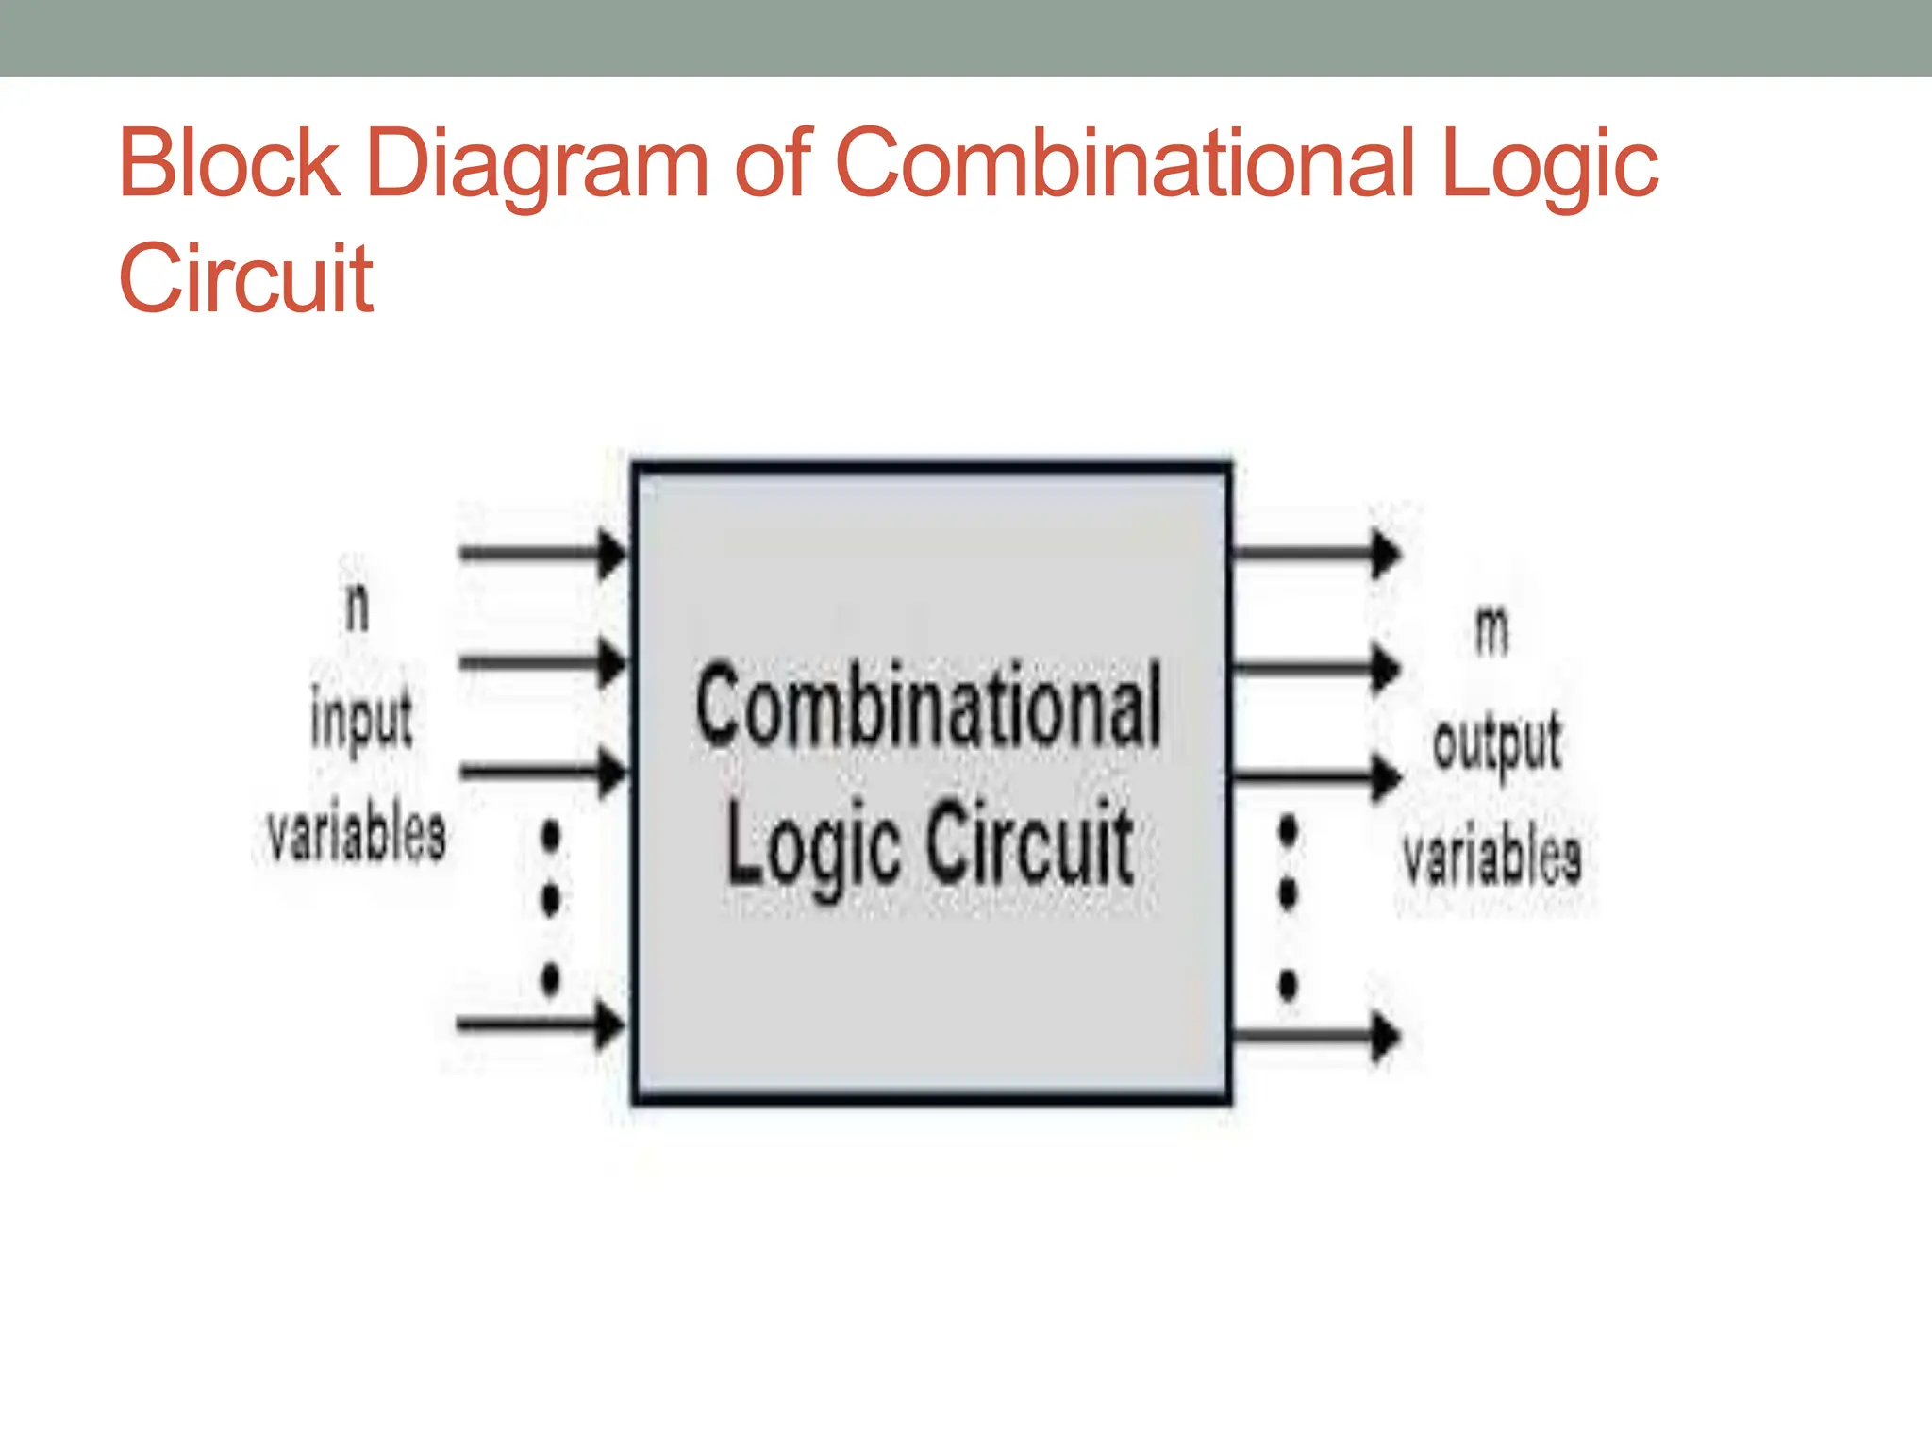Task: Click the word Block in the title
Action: pos(228,164)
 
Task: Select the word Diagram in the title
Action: pos(536,166)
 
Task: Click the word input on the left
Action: pos(361,719)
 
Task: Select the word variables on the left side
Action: pos(356,834)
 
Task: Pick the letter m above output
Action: pos(1491,631)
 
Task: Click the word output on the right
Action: pos(1496,742)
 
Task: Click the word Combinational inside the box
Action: pos(928,707)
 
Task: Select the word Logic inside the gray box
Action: pos(812,844)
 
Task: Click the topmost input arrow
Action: pos(542,553)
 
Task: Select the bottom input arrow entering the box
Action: pos(541,1024)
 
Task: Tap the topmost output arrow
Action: pos(1317,554)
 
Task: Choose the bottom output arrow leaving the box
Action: pos(1317,1036)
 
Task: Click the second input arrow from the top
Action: pos(542,663)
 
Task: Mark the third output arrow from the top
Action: pos(1317,778)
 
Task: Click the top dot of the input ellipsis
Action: pos(550,835)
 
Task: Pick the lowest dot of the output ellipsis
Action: pos(1288,985)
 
